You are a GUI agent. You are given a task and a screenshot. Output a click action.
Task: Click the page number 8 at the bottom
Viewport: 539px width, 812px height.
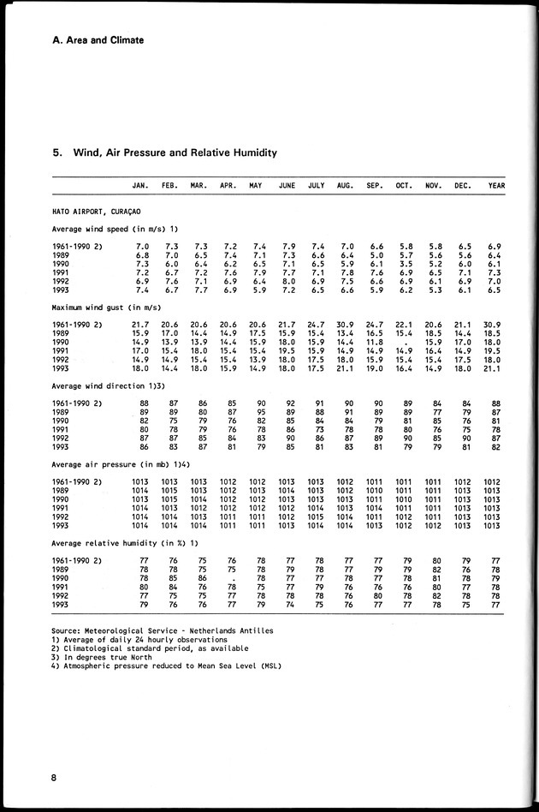[x=53, y=778]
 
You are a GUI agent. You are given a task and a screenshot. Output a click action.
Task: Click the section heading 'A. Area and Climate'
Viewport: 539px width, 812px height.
[x=98, y=40]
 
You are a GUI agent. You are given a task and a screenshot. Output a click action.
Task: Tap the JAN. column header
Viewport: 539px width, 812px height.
[x=141, y=186]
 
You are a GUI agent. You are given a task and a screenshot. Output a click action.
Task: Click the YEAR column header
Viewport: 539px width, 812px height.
[x=496, y=186]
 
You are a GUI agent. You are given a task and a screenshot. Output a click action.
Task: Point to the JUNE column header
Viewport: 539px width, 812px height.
[x=287, y=186]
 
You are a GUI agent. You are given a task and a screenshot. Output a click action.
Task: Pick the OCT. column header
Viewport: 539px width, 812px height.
[x=404, y=186]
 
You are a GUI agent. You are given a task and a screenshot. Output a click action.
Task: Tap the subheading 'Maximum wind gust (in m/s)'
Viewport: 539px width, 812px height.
[x=105, y=307]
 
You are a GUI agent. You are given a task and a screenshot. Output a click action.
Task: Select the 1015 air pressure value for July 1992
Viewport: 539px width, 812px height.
[x=316, y=516]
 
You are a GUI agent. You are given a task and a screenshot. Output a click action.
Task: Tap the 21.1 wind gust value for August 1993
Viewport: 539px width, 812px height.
[x=345, y=368]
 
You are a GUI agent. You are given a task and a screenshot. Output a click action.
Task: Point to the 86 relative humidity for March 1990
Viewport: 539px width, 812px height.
[x=203, y=577]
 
